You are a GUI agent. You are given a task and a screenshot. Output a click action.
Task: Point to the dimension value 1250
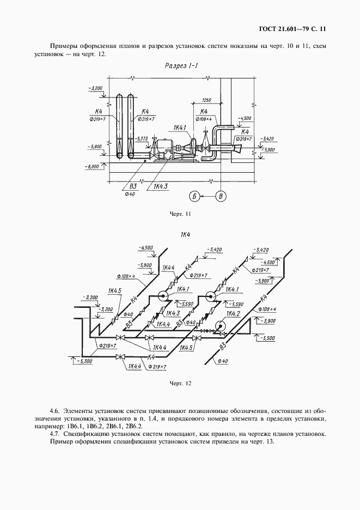(206, 100)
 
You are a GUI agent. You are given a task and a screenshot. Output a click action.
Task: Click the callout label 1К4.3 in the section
(160, 187)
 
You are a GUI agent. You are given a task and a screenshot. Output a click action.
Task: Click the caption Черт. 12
(180, 382)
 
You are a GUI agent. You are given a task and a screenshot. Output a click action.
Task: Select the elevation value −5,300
(84, 361)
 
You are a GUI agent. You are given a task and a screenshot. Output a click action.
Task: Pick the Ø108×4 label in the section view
(205, 118)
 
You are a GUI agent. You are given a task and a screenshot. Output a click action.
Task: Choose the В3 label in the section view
(130, 186)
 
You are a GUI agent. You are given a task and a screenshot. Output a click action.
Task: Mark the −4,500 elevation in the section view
(246, 118)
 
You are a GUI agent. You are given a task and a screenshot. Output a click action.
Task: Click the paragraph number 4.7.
(54, 434)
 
